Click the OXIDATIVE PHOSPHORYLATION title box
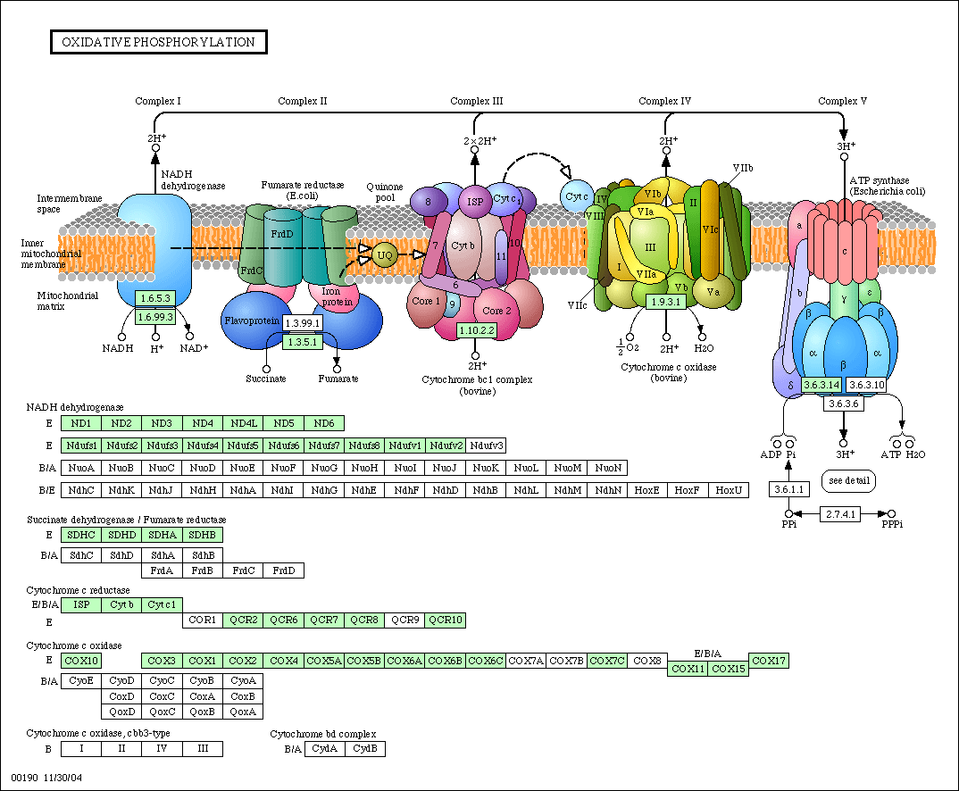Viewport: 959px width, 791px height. (x=158, y=42)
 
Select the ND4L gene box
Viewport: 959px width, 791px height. (x=244, y=423)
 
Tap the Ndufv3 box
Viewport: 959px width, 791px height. (x=487, y=445)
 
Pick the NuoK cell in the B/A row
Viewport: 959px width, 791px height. (x=486, y=468)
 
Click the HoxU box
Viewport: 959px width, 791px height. (x=729, y=490)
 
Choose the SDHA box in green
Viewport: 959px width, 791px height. (x=163, y=535)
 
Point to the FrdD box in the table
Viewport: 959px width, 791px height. (x=284, y=570)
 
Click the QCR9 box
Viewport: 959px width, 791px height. (x=404, y=620)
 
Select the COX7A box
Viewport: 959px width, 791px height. (x=526, y=661)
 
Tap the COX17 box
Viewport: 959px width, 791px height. (x=769, y=661)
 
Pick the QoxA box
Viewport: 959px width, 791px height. (x=243, y=712)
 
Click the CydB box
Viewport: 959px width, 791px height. (x=365, y=749)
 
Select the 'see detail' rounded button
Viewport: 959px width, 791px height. (x=849, y=480)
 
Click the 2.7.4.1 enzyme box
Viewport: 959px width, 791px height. (x=840, y=514)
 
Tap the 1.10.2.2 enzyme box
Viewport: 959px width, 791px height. (x=477, y=330)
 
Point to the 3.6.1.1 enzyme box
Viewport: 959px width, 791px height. (x=789, y=489)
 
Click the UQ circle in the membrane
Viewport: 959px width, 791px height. (x=385, y=255)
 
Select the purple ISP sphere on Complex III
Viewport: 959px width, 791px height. (x=475, y=201)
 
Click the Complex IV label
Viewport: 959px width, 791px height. (x=665, y=101)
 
